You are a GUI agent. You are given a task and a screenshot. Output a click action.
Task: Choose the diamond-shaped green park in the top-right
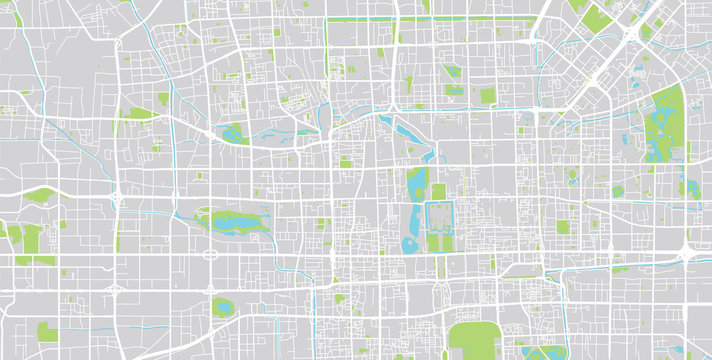(x=596, y=16)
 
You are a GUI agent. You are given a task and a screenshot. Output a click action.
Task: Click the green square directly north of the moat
(x=438, y=191)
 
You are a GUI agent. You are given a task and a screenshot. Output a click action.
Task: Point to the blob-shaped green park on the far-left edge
(x=40, y=195)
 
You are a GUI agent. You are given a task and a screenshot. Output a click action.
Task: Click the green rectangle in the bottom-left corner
(x=48, y=332)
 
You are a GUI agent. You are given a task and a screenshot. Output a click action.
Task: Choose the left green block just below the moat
(x=432, y=243)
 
